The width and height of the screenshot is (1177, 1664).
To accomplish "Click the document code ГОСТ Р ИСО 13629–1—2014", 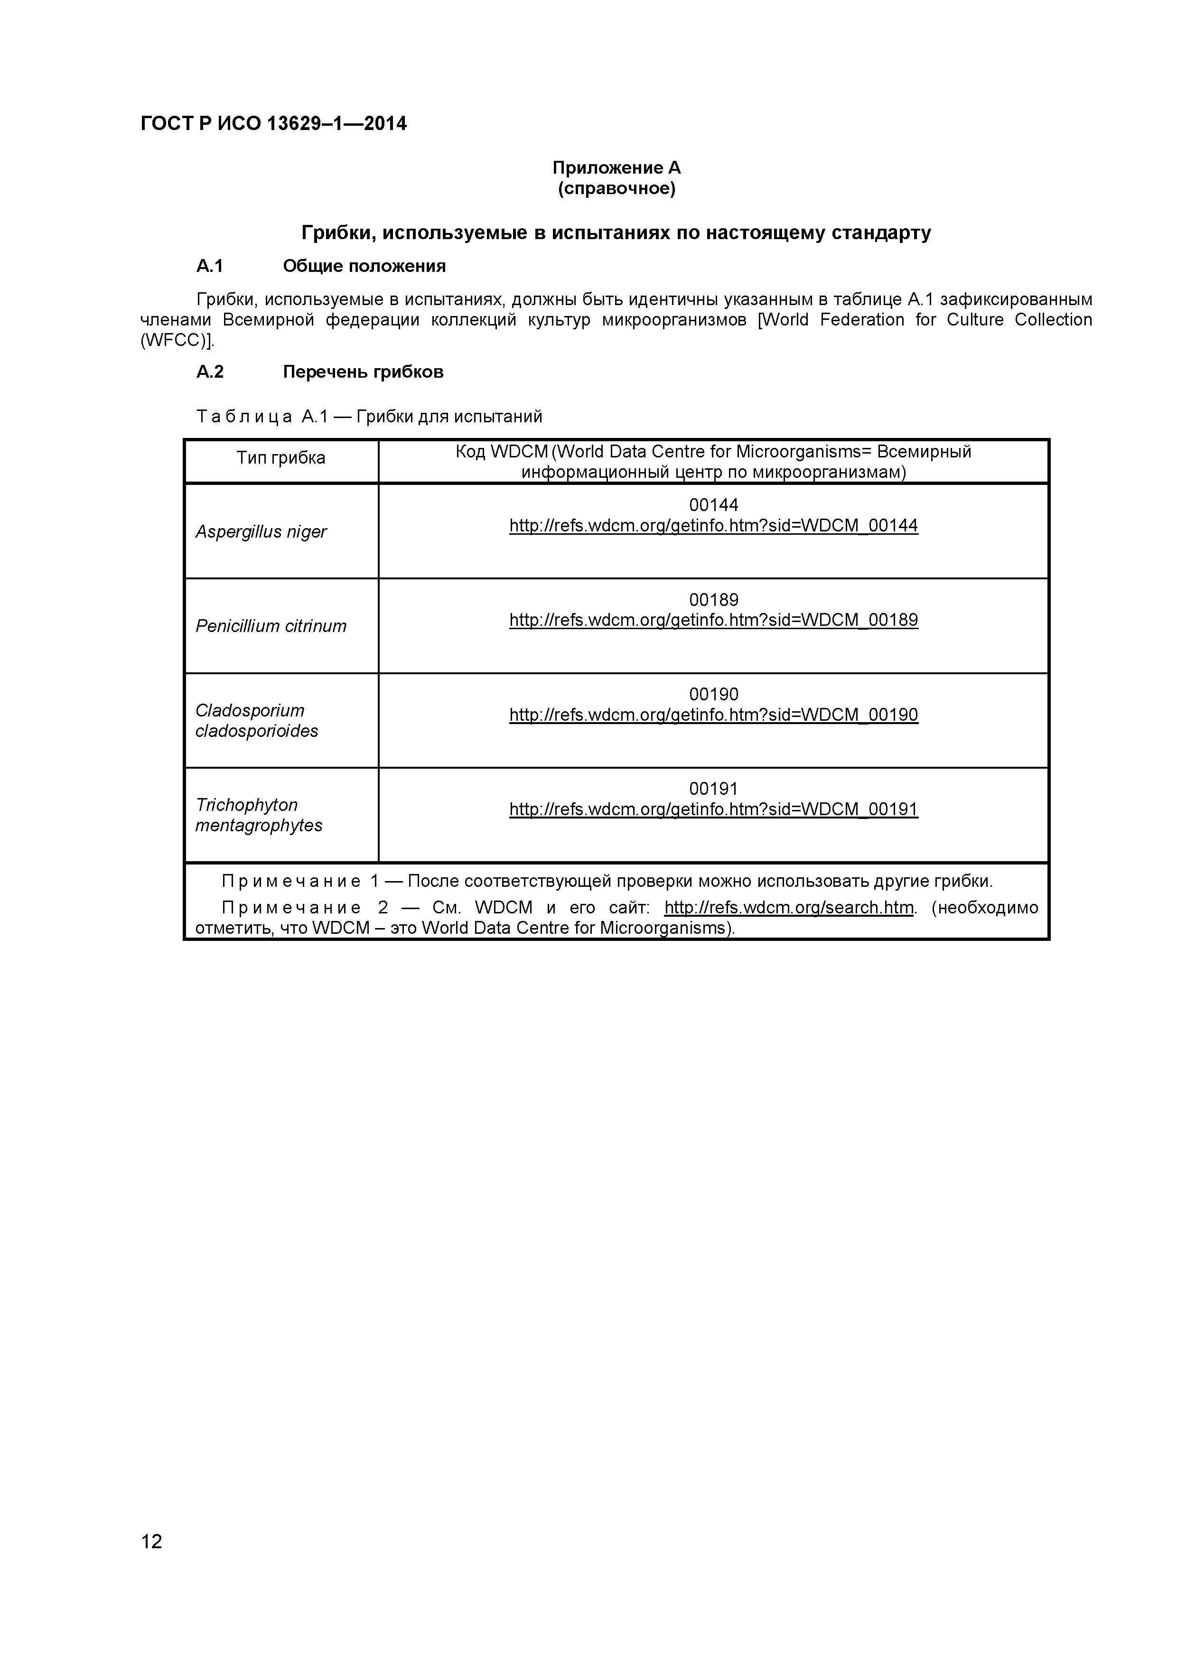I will click(x=273, y=124).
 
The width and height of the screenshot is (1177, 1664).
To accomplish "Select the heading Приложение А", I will click(x=616, y=168).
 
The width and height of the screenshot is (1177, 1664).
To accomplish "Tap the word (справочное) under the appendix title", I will click(x=616, y=189).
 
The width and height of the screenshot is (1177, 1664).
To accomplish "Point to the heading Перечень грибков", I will click(x=363, y=372).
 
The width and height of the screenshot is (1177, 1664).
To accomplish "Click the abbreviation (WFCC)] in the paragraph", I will click(x=177, y=341).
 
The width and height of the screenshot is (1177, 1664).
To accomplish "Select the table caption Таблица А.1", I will click(x=262, y=417).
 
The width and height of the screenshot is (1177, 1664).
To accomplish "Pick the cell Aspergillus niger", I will click(x=261, y=532).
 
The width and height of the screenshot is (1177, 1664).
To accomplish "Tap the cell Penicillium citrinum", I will click(x=271, y=626).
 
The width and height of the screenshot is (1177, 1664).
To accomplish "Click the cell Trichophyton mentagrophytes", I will click(x=258, y=815).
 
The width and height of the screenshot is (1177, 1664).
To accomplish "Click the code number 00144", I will click(x=713, y=505).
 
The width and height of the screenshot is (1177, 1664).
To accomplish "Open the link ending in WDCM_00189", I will click(x=713, y=620).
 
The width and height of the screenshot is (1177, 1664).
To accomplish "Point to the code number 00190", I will click(x=713, y=694).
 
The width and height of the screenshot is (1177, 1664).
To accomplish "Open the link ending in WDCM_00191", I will click(x=713, y=809).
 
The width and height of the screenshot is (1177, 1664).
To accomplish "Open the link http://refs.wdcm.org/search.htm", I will click(x=788, y=907).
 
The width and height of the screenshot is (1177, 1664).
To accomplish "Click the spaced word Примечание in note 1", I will click(x=290, y=881).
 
